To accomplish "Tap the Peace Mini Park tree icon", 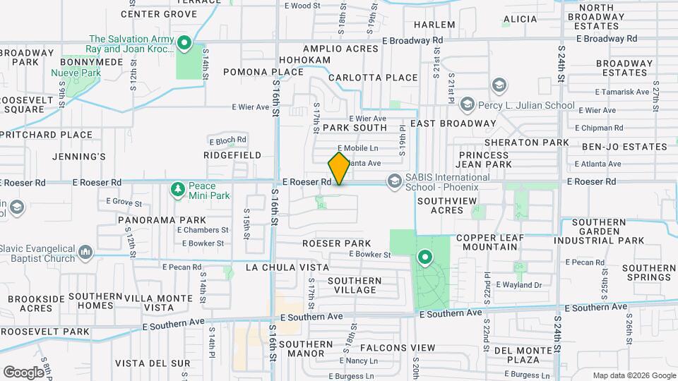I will point(177,189).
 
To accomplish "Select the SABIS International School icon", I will point(393,182).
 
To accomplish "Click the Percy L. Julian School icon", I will point(467,105).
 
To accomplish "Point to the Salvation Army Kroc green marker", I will point(184,44).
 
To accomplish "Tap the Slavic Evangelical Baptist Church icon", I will point(86,252).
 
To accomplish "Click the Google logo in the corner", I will point(23,372).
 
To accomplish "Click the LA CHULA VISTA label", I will point(287,267).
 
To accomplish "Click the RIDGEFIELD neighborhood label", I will point(232,155).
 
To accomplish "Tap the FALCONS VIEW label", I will point(398,348).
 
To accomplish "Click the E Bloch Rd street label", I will point(227,140).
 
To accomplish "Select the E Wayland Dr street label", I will point(518,285).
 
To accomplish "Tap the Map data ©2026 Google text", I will point(633,375).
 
